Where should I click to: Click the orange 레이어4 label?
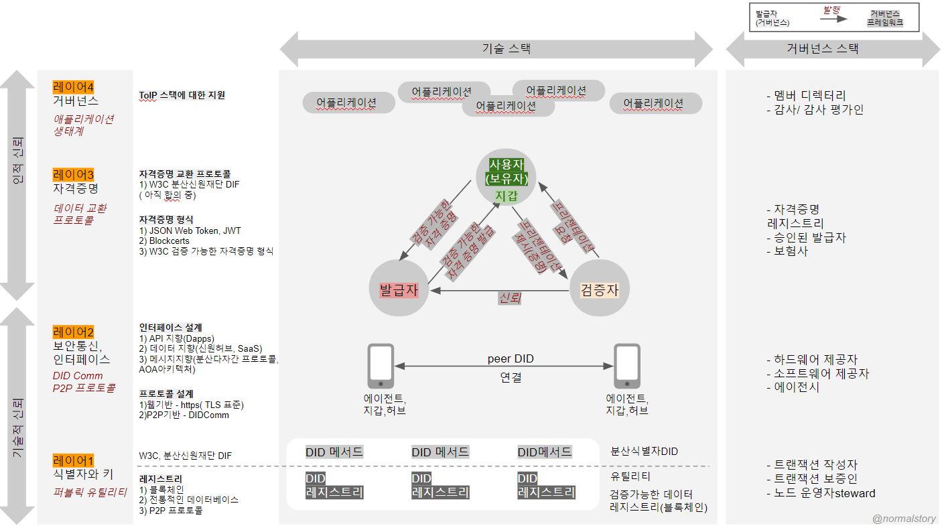[x=73, y=87]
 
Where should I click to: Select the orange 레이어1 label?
[x=73, y=461]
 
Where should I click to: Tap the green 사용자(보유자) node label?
[x=507, y=172]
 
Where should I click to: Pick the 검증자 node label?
[x=599, y=290]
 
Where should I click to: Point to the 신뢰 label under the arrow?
[x=510, y=298]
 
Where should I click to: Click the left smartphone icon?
[x=381, y=366]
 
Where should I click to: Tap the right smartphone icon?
[x=627, y=366]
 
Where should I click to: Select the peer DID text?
[x=511, y=358]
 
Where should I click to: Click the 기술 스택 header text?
[x=507, y=48]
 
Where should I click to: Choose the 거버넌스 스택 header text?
[x=823, y=48]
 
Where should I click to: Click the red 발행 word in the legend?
[x=831, y=9]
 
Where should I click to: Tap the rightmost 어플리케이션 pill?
[x=656, y=103]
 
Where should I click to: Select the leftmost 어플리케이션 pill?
[x=348, y=103]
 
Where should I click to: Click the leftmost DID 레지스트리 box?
[x=334, y=486]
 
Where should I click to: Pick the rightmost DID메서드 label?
[x=545, y=452]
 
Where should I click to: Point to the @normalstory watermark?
[x=904, y=519]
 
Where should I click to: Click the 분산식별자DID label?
[x=645, y=452]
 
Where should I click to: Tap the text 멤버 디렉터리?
[x=809, y=96]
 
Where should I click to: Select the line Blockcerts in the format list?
[x=164, y=241]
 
